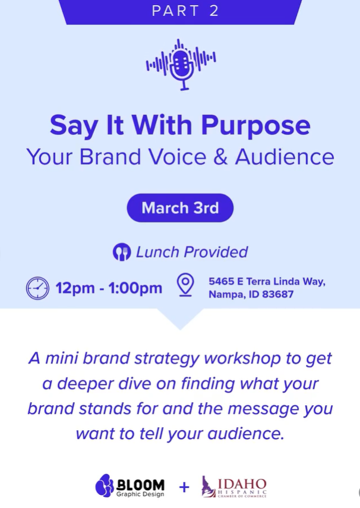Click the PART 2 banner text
[x=185, y=11]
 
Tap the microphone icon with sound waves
[x=181, y=65]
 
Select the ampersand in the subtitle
[x=220, y=157]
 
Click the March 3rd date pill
[x=180, y=208]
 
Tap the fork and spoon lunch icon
[x=122, y=252]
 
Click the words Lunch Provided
[x=192, y=252]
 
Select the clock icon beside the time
[x=37, y=288]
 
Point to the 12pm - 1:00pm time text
[x=109, y=288]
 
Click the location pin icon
[x=185, y=285]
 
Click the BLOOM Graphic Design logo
[x=130, y=486]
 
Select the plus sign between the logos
[x=184, y=487]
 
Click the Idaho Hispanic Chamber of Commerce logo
[x=234, y=487]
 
